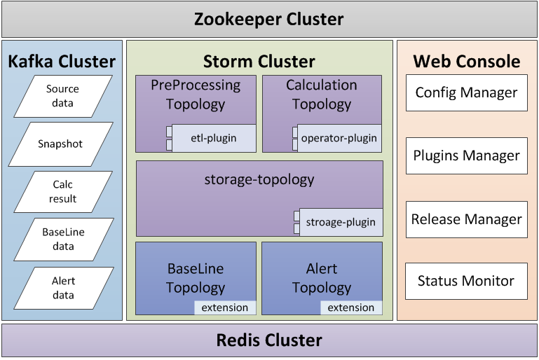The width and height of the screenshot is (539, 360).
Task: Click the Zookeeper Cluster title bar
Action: (269, 19)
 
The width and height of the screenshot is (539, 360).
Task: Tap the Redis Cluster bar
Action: (269, 340)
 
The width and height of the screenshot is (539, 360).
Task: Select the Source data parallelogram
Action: (63, 97)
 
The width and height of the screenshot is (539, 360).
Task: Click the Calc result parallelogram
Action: (63, 192)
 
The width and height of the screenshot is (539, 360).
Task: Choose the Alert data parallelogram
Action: (63, 288)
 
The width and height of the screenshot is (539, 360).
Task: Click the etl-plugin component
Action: (213, 138)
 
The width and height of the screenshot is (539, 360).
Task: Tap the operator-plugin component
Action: (339, 138)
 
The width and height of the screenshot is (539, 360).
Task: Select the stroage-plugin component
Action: (341, 222)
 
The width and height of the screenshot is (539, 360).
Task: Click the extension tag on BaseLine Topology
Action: (225, 307)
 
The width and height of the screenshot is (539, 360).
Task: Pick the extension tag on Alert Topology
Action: (351, 307)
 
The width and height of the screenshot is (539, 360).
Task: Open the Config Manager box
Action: (466, 92)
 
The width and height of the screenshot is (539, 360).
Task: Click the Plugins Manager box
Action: (466, 155)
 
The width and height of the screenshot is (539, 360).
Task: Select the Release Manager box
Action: (466, 219)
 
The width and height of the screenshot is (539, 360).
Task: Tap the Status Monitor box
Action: (466, 281)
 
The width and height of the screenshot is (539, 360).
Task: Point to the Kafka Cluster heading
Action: (62, 61)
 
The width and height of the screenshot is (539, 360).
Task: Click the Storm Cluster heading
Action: (259, 61)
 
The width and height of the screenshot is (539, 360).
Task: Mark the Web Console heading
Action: (467, 61)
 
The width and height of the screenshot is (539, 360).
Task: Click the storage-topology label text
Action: (259, 179)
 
